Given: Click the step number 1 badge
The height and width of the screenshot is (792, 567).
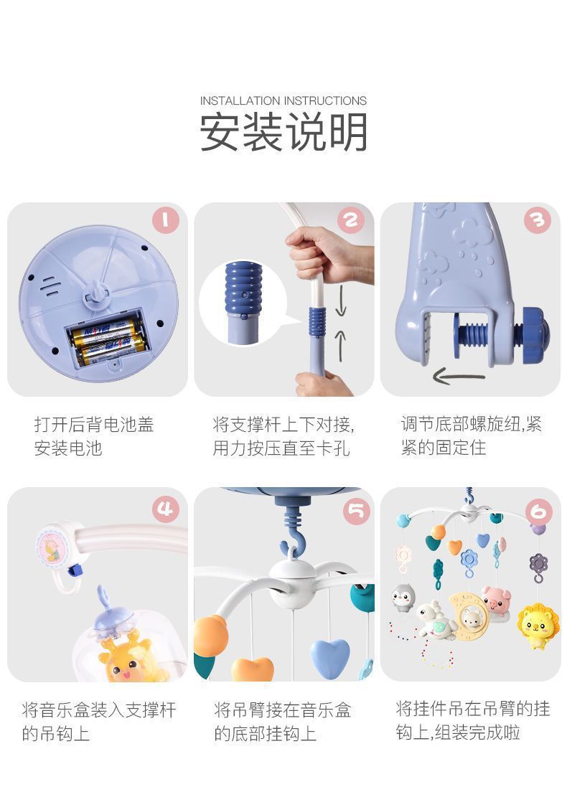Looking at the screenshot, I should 166,220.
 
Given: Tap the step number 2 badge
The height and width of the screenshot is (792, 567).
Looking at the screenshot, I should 351,220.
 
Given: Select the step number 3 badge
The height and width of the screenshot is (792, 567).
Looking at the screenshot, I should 537,220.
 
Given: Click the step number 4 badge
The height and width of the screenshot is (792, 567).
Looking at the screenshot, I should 166,509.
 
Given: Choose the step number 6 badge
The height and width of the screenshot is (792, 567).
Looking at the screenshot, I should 538,511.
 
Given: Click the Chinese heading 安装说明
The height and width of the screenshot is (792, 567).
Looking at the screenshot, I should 283,131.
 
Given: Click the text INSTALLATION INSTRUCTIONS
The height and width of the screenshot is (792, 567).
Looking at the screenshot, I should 283,100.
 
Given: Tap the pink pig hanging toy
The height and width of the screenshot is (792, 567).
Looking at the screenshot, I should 495,599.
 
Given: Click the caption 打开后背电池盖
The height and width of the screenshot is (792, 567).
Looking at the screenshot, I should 94,425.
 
